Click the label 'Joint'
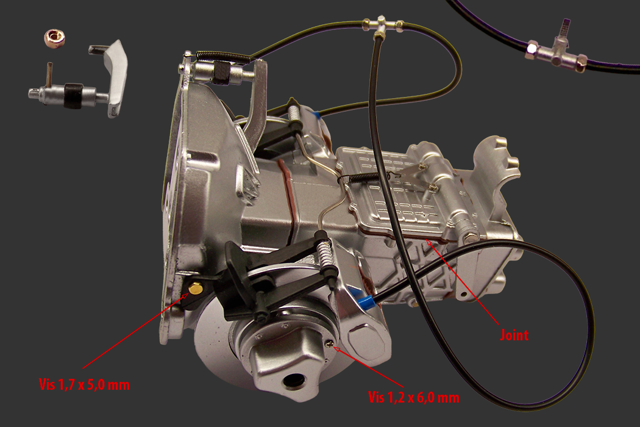click(x=514, y=335)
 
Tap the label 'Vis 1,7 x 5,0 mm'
click(x=84, y=384)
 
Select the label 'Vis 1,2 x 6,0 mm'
click(x=413, y=397)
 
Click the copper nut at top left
click(x=56, y=37)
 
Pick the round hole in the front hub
click(x=293, y=381)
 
